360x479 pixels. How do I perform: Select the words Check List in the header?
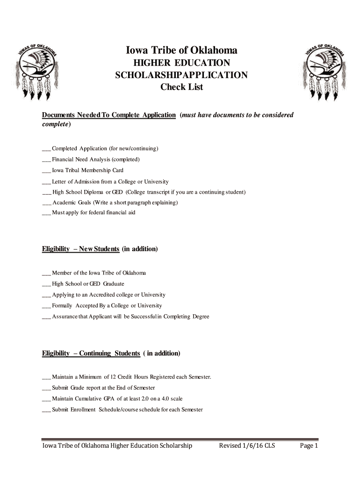(x=182, y=87)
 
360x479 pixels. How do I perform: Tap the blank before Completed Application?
(x=46, y=149)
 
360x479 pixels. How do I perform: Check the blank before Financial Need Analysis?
(x=46, y=160)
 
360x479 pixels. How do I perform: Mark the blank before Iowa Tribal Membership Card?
(x=46, y=171)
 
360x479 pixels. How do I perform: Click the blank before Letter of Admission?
(x=46, y=181)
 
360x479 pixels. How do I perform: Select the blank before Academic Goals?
(x=47, y=203)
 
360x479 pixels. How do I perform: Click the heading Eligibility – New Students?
(x=80, y=249)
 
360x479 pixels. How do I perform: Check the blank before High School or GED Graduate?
(x=46, y=284)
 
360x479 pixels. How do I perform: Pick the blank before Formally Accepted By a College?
(x=46, y=306)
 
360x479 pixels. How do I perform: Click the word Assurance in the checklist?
(x=65, y=317)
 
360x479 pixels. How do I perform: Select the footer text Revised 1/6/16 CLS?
(x=247, y=446)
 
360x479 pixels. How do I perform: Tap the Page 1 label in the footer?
(x=309, y=446)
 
